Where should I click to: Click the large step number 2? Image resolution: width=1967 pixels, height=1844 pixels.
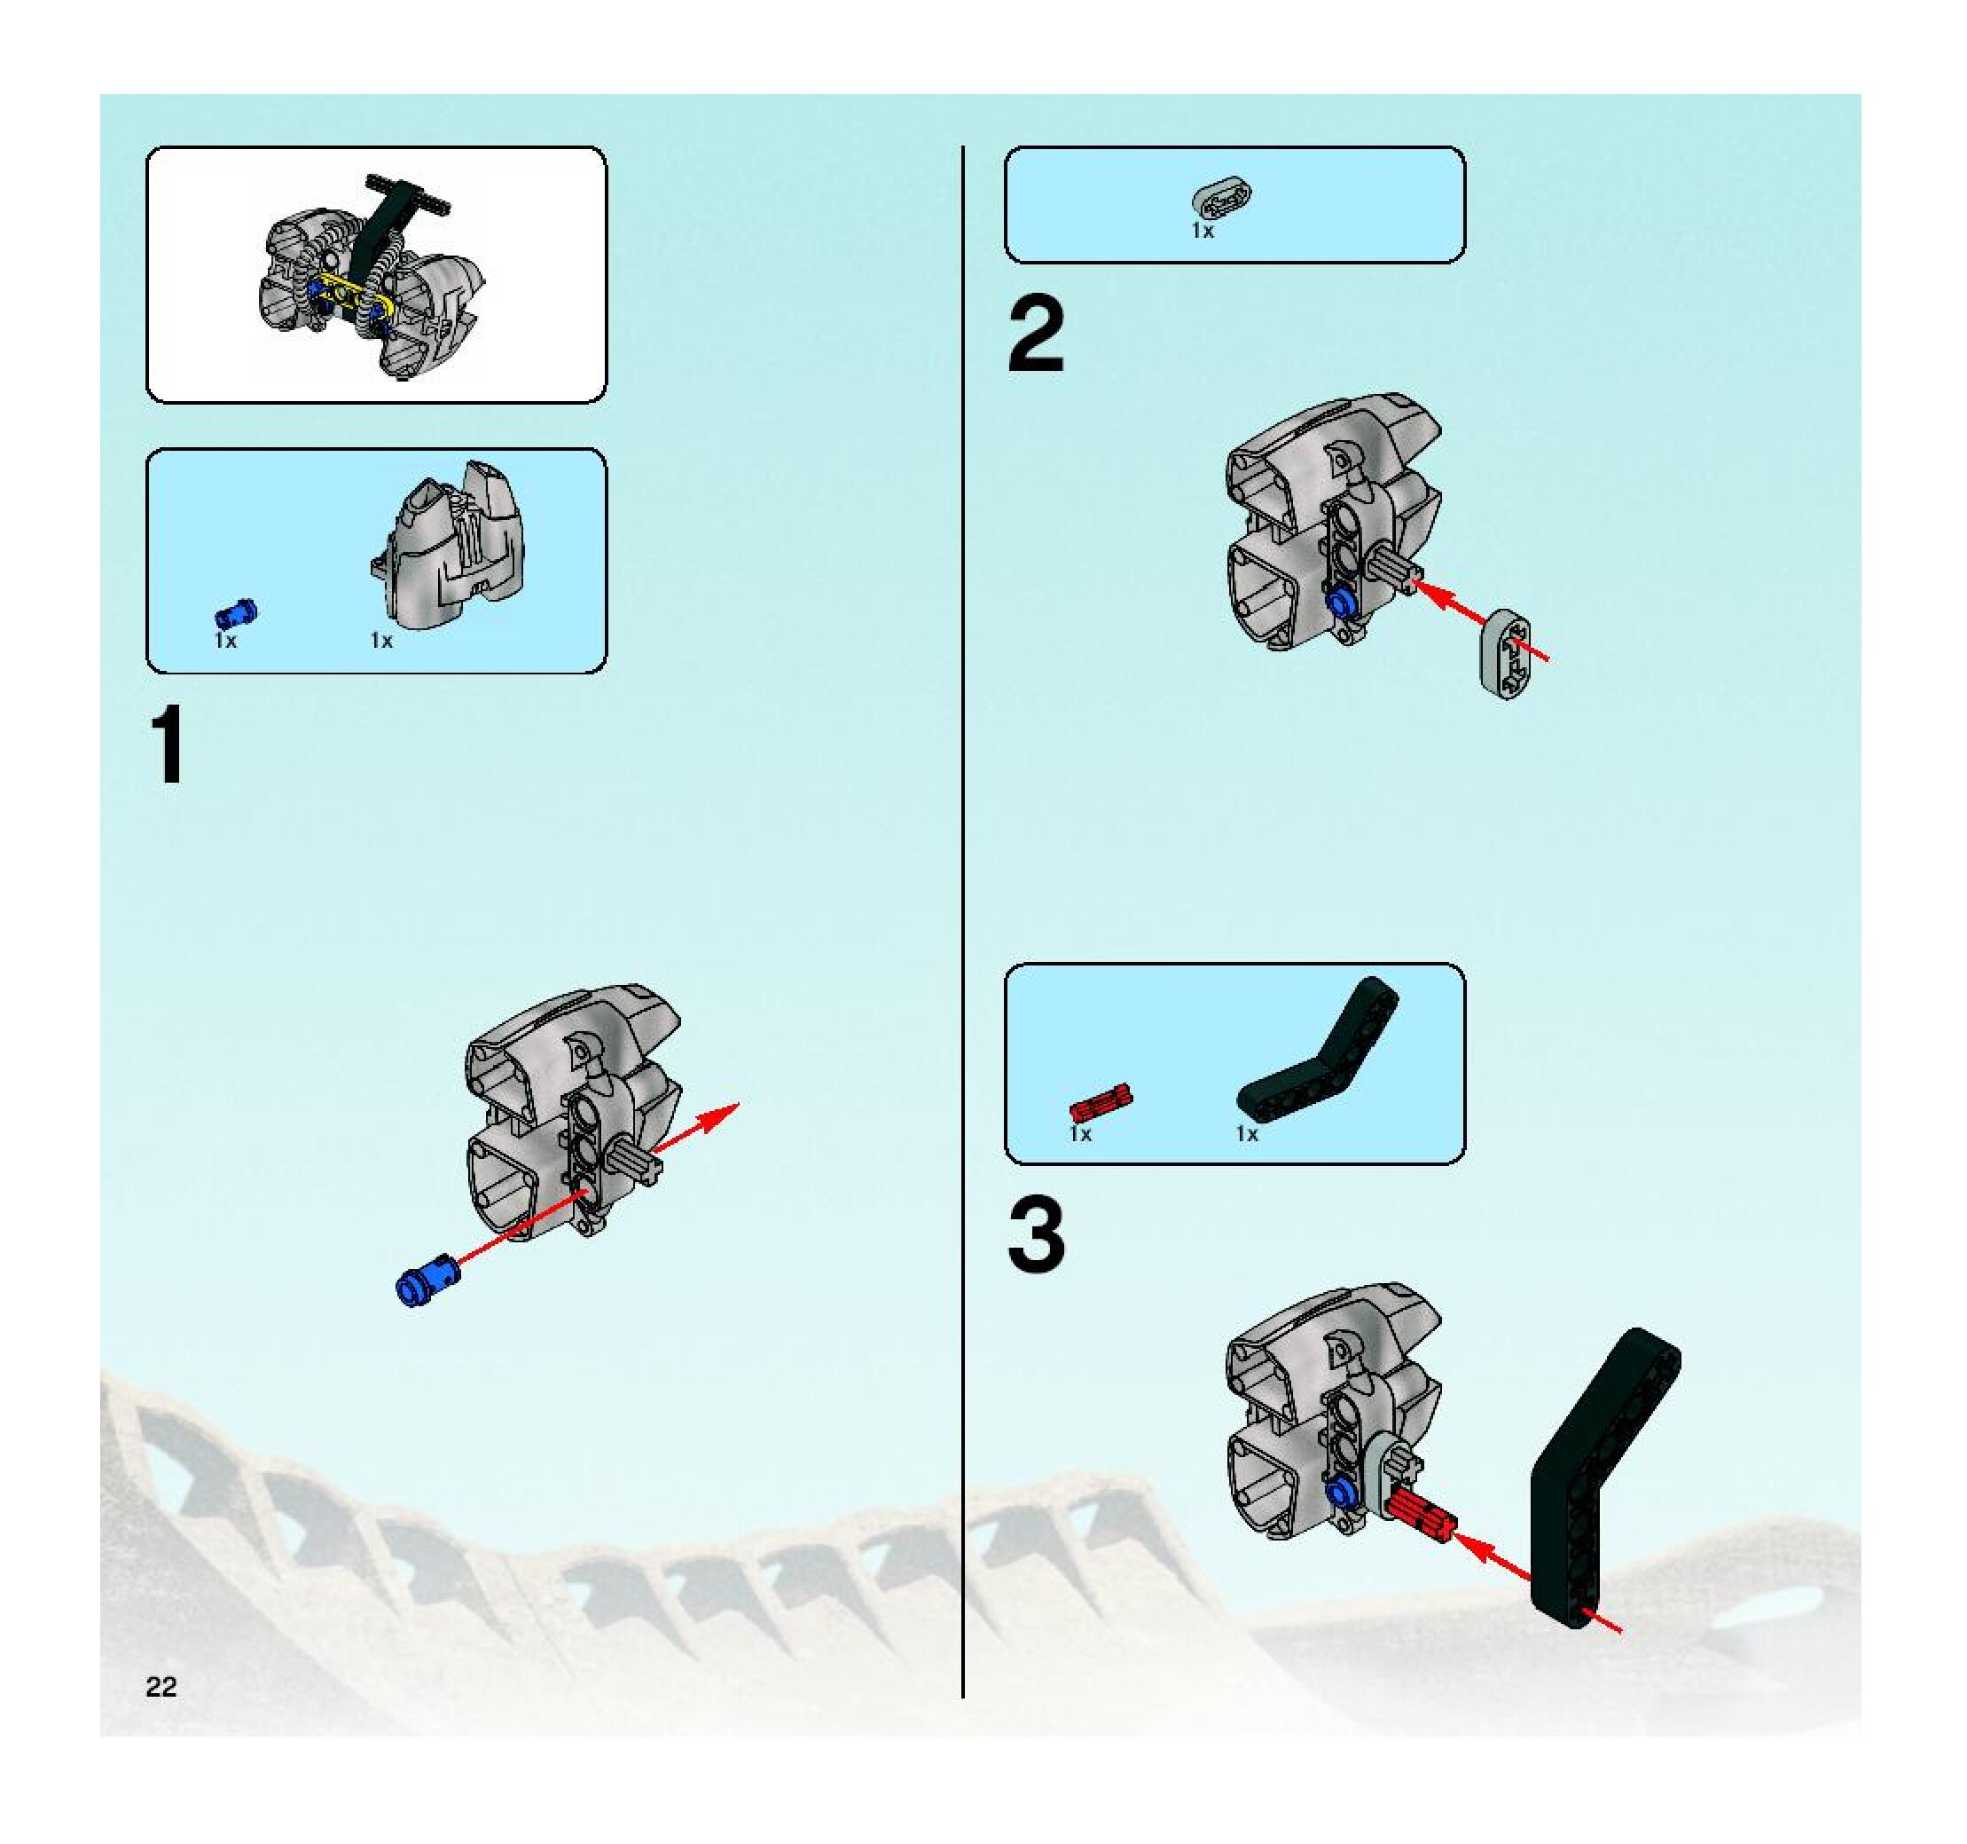point(1036,336)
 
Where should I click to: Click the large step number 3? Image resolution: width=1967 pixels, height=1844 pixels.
point(1036,1235)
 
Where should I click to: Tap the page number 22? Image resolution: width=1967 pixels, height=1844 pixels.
point(161,1687)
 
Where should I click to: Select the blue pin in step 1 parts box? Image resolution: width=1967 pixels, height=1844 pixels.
point(236,615)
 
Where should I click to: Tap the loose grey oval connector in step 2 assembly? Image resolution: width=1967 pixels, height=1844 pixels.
point(1505,654)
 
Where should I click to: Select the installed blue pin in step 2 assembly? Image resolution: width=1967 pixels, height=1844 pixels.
point(1342,601)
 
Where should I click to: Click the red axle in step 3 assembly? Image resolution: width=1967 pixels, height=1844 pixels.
point(1420,1513)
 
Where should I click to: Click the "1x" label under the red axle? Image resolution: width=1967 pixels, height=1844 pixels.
point(1079,1134)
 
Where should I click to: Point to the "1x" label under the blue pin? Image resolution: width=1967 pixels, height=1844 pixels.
point(225,642)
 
